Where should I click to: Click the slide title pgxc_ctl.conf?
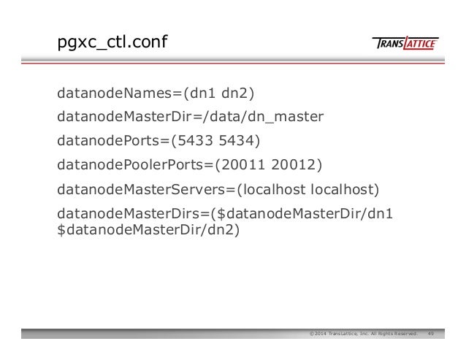[112, 45]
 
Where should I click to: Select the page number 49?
[432, 334]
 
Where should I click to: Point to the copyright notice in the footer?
[363, 334]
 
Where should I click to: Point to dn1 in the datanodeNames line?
[200, 93]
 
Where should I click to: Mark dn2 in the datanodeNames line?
[234, 93]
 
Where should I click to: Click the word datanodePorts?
[109, 141]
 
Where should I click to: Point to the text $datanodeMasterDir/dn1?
[305, 214]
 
